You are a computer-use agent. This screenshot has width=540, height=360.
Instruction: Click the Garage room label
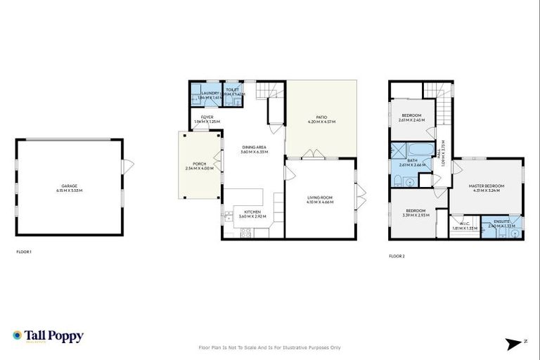pos(70,188)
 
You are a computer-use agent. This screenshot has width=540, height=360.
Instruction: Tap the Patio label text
pos(321,120)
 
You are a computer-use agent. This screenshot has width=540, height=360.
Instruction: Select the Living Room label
pos(320,200)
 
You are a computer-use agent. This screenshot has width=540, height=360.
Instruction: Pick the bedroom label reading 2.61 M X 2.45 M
pos(411,117)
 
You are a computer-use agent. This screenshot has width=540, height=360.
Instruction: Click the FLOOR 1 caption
pos(24,252)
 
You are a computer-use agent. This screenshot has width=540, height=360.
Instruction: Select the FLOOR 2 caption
pos(397,256)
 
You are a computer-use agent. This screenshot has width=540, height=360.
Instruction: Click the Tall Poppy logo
pos(48,336)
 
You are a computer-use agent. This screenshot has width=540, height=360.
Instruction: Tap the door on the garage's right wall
pos(127,167)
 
